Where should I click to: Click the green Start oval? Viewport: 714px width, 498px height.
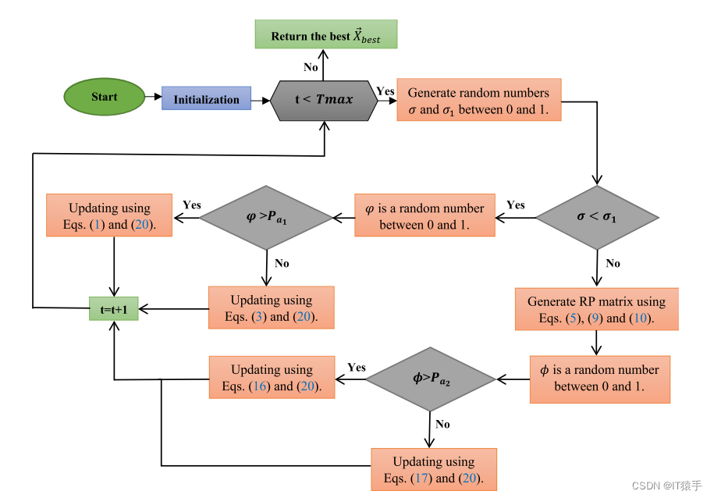(104, 98)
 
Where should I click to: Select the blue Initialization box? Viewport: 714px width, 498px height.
(206, 99)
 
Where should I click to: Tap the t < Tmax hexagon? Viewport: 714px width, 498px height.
(323, 100)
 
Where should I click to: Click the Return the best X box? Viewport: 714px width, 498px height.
(326, 35)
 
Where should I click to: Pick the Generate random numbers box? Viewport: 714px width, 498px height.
(478, 101)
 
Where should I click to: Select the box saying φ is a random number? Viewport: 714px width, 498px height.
(424, 216)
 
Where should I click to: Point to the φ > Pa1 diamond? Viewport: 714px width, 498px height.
(267, 217)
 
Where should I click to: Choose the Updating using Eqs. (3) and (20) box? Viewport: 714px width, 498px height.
(271, 308)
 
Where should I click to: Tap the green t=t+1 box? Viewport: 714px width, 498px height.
(114, 308)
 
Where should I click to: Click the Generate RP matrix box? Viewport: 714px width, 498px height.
(596, 309)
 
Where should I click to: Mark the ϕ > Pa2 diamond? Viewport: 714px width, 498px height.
(430, 379)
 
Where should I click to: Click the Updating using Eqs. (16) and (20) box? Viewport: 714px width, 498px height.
(271, 378)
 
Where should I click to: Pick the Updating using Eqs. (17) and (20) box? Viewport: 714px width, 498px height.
(433, 469)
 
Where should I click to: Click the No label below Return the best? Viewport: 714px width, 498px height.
(311, 67)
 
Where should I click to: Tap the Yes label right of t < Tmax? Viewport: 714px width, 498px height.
(385, 91)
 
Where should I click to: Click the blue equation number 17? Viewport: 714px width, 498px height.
(420, 478)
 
